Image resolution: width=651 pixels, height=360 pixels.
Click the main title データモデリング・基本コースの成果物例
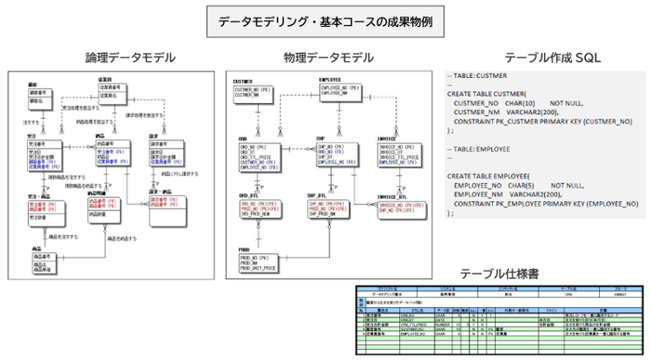(324, 20)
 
